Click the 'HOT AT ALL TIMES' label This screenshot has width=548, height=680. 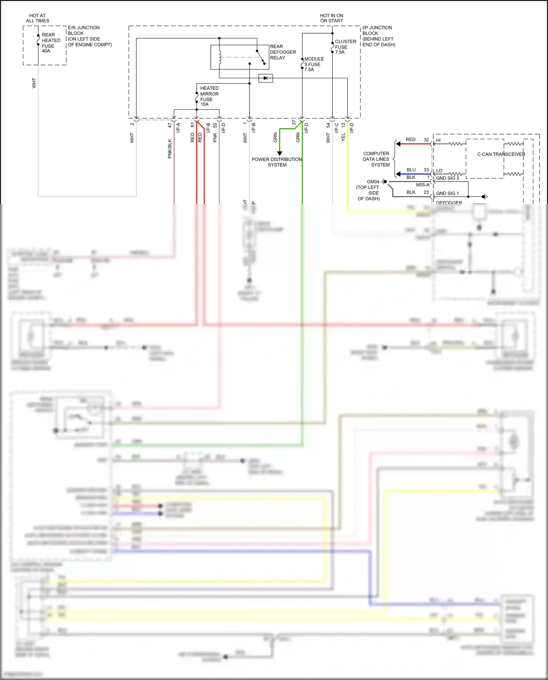coord(37,18)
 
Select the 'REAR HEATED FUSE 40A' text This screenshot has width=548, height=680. coord(51,43)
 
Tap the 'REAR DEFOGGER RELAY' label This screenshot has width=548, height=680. coord(282,52)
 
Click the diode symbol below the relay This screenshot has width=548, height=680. coord(266,78)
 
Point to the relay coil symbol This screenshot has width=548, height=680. coord(220,58)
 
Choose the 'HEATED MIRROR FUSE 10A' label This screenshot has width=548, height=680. coord(209,96)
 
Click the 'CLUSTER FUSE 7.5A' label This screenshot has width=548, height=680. coord(345,47)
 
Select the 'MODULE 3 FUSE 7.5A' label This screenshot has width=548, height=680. coord(314,64)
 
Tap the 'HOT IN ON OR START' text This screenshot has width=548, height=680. coord(331,18)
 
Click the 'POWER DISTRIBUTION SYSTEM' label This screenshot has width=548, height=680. coord(277,162)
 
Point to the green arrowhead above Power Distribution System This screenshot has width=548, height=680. coord(279,153)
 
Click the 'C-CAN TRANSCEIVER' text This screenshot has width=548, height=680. coord(501,154)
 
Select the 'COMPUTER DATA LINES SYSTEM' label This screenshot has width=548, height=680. coord(376,159)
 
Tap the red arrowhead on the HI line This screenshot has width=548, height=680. coord(398,144)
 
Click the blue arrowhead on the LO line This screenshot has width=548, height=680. coord(398,174)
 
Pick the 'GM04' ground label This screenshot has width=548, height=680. coord(373,182)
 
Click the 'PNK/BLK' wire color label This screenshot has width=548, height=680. coord(170,148)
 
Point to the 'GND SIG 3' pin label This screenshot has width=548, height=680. coord(447,178)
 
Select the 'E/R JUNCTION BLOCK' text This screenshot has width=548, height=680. coord(83,30)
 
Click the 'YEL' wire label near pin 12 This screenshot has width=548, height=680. coord(343,137)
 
